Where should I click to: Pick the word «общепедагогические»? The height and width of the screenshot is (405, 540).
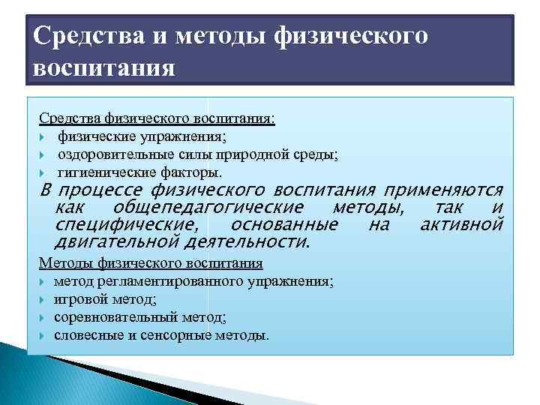point(208,207)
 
